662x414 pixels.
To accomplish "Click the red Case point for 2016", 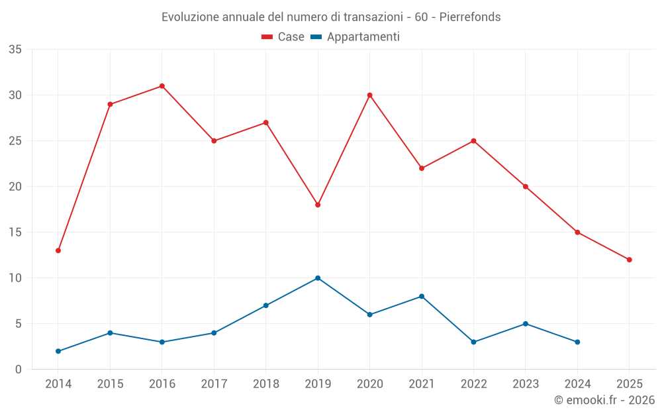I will tap(162, 86).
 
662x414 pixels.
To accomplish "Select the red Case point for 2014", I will tap(58, 250).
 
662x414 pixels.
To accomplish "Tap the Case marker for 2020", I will tap(370, 95).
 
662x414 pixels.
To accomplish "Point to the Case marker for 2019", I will tap(318, 205).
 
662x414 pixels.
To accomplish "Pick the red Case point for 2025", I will tap(630, 260).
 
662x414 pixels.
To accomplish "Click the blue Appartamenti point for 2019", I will tap(318, 278).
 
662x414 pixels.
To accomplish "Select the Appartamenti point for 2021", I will tap(422, 297).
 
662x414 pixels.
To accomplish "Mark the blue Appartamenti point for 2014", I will tap(58, 351).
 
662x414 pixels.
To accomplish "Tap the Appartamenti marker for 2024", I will tap(577, 342).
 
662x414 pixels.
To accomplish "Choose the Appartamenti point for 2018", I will tap(266, 305).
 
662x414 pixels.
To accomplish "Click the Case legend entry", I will tap(283, 37).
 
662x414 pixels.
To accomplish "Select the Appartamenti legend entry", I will tap(355, 37).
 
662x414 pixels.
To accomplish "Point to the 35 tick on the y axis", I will tap(15, 50).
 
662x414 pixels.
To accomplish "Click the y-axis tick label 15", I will tap(15, 233).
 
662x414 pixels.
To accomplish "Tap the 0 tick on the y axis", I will tap(19, 370).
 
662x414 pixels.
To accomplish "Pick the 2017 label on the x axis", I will tap(214, 384).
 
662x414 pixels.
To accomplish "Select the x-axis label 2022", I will tap(473, 384).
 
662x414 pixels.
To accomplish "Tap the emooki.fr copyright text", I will tap(604, 400).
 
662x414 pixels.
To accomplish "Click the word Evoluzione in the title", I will tap(187, 17).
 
